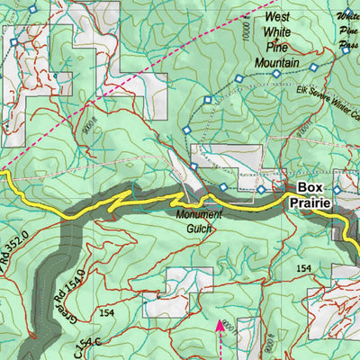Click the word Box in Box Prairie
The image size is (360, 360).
tap(310, 188)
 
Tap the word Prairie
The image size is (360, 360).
tap(310, 203)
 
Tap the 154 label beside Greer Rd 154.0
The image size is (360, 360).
tap(108, 312)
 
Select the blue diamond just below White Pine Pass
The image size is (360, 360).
tap(345, 52)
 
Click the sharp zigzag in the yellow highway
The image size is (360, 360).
tap(114, 206)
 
